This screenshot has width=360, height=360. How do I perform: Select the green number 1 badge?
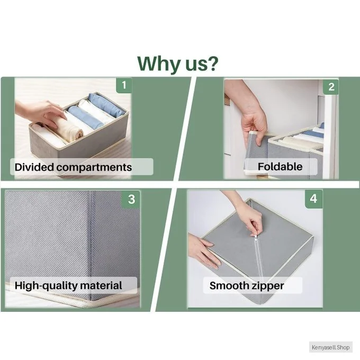124,85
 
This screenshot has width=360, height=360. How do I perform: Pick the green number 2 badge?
331,87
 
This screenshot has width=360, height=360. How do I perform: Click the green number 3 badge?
131,199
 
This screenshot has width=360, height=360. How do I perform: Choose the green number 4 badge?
313,199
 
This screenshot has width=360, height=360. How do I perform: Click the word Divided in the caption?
34,167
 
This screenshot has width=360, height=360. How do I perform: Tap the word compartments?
94,167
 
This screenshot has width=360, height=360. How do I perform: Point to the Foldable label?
280,166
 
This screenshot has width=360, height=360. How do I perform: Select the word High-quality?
46,286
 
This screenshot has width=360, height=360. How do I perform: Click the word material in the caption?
101,285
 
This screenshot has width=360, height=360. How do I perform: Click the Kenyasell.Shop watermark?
330,347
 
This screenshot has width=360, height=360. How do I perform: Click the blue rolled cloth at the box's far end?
106,105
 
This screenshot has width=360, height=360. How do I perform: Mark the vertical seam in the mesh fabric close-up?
92,244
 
